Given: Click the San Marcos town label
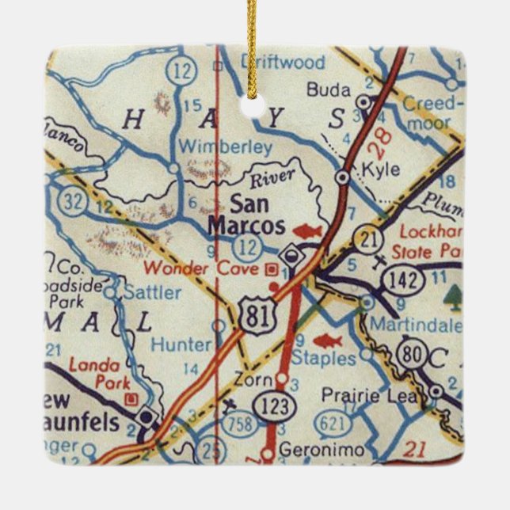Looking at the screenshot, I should pos(246,214).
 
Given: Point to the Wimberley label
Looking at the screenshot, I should pos(226,147).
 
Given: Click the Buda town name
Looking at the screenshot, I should pos(327,88).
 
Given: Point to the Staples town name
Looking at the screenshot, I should pos(324,358).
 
